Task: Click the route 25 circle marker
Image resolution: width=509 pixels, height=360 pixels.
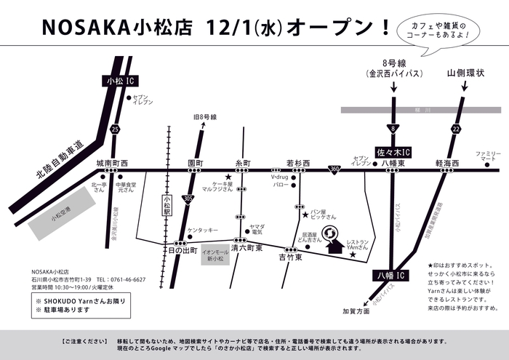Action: pos(116,129)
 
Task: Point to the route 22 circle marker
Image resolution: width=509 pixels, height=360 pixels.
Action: pos(456,129)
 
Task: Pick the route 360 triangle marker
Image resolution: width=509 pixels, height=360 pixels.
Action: pos(332,169)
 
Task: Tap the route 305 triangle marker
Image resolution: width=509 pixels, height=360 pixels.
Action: pos(188,197)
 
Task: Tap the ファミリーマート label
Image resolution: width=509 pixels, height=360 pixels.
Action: pos(489,156)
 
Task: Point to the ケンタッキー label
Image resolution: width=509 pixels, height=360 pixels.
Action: pos(202,230)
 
